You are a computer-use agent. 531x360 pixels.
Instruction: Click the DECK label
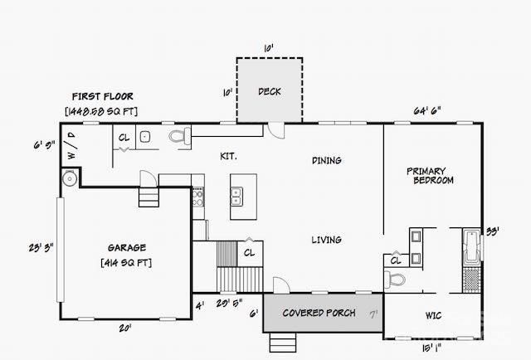click(270, 91)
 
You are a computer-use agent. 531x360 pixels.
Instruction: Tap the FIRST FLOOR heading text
click(102, 96)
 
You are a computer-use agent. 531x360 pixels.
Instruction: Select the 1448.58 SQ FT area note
click(101, 110)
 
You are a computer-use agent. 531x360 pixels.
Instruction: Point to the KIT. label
click(228, 155)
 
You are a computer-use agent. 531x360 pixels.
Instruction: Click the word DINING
click(327, 160)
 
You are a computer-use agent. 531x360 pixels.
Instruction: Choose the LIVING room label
click(326, 240)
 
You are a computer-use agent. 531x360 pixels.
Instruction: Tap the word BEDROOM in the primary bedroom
click(433, 180)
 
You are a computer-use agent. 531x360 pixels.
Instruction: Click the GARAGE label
click(127, 247)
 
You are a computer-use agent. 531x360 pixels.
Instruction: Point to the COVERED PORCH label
click(319, 313)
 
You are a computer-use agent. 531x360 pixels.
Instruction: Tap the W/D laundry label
click(71, 151)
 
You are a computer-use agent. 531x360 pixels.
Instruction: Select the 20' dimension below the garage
click(124, 328)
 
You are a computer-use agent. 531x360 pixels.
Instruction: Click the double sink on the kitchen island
click(236, 196)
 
